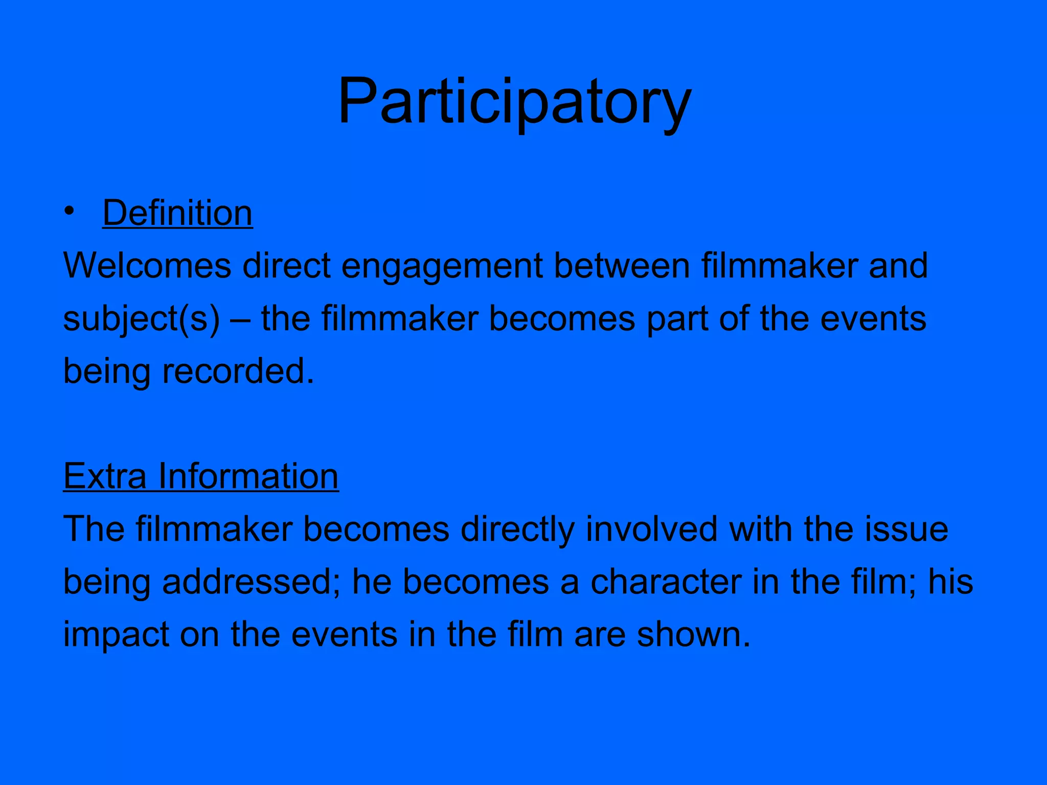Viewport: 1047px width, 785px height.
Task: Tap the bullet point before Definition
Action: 70,212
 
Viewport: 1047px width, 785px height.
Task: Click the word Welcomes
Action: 147,266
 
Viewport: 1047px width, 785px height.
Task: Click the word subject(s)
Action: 142,319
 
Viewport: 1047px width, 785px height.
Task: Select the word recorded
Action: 238,371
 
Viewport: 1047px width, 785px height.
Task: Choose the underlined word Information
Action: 248,476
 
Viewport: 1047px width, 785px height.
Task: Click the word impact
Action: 116,635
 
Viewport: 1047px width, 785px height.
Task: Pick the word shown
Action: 693,635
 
